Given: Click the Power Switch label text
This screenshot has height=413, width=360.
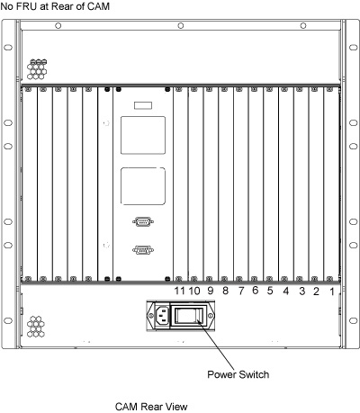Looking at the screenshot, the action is click(238, 374).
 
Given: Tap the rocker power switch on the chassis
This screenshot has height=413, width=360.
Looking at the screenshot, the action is click(189, 316).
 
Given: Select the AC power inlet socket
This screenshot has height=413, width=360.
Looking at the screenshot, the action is click(162, 316).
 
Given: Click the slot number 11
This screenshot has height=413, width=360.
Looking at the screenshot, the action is click(179, 291).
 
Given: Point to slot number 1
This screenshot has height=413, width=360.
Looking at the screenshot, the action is click(332, 292).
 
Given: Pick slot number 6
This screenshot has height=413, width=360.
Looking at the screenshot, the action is click(256, 291).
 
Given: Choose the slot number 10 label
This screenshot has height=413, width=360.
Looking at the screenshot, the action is click(194, 291).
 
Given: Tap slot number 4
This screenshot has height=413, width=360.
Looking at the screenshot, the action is click(286, 291).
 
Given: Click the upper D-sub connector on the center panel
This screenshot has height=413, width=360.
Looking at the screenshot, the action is click(143, 221).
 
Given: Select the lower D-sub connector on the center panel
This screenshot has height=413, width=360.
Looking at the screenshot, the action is click(143, 250).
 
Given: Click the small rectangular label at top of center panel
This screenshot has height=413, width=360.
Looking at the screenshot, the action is click(143, 105).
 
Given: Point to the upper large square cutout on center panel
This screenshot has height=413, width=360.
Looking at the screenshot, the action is click(143, 135).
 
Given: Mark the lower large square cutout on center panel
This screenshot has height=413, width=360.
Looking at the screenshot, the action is click(143, 186).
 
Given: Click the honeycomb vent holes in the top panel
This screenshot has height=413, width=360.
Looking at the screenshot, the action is click(37, 69).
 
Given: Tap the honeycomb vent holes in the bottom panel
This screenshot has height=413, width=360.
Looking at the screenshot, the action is click(36, 327).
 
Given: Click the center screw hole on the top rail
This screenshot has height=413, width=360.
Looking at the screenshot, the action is click(181, 26).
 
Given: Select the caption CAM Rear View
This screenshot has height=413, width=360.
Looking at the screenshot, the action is click(151, 407).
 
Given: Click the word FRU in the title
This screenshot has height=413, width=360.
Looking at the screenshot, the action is click(28, 6).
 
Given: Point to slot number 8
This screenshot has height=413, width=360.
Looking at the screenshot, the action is click(225, 291).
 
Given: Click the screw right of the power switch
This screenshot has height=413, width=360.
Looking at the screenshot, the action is click(211, 316).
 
